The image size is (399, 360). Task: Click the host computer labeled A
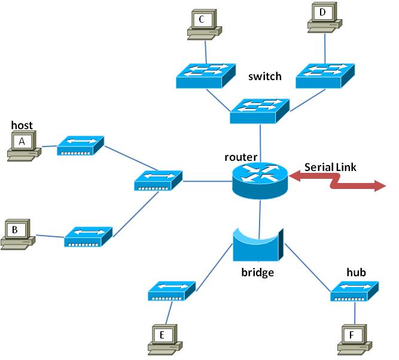pos(24,146)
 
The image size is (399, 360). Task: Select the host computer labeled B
pos(17,234)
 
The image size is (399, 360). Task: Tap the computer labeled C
pos(205,25)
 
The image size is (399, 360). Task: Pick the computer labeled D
pos(325,17)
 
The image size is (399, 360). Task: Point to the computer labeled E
pos(165,340)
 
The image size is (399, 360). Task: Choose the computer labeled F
pos(355,340)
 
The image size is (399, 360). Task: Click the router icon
pos(260,181)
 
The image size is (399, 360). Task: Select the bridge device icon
pos(258,245)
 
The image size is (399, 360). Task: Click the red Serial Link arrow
pos(337,181)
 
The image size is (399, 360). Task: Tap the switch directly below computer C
pos(206,76)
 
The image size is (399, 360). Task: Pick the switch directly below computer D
pos(325,76)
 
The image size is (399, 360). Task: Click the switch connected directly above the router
pos(260,111)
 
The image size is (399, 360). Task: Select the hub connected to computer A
pos(80,145)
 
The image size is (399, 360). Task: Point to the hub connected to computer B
pos(88,237)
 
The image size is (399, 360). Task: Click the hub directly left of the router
pos(159,181)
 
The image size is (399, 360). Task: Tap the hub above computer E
pos(172,291)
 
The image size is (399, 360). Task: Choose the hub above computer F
pos(355,291)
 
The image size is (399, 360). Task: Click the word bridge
pos(257,272)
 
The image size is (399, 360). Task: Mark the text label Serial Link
pos(330,167)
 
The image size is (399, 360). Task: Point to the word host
pos(22,125)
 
